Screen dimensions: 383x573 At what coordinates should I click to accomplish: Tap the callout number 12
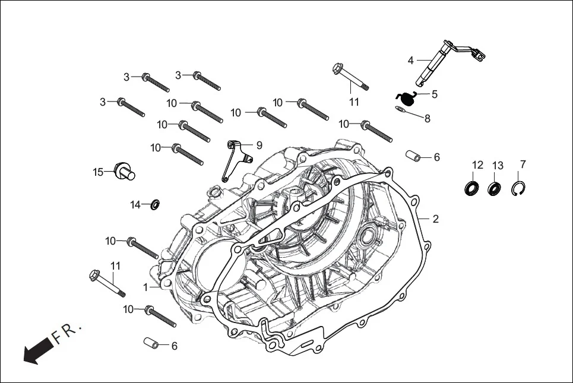[x=477, y=164]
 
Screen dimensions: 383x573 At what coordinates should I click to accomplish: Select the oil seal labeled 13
[x=494, y=189]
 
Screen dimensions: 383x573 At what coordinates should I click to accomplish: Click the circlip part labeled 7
[x=520, y=188]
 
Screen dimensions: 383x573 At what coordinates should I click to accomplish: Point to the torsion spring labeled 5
[x=405, y=97]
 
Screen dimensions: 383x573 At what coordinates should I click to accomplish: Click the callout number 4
[x=410, y=60]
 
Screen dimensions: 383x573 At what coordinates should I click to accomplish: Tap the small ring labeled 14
[x=156, y=205]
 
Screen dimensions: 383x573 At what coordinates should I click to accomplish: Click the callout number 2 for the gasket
[x=435, y=219]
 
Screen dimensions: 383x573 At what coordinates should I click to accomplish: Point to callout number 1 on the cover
[x=145, y=287]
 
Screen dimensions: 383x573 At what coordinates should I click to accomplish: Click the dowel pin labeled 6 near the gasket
[x=414, y=156]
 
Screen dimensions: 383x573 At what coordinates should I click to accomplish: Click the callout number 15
[x=98, y=172]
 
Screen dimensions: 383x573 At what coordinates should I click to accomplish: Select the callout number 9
[x=259, y=145]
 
